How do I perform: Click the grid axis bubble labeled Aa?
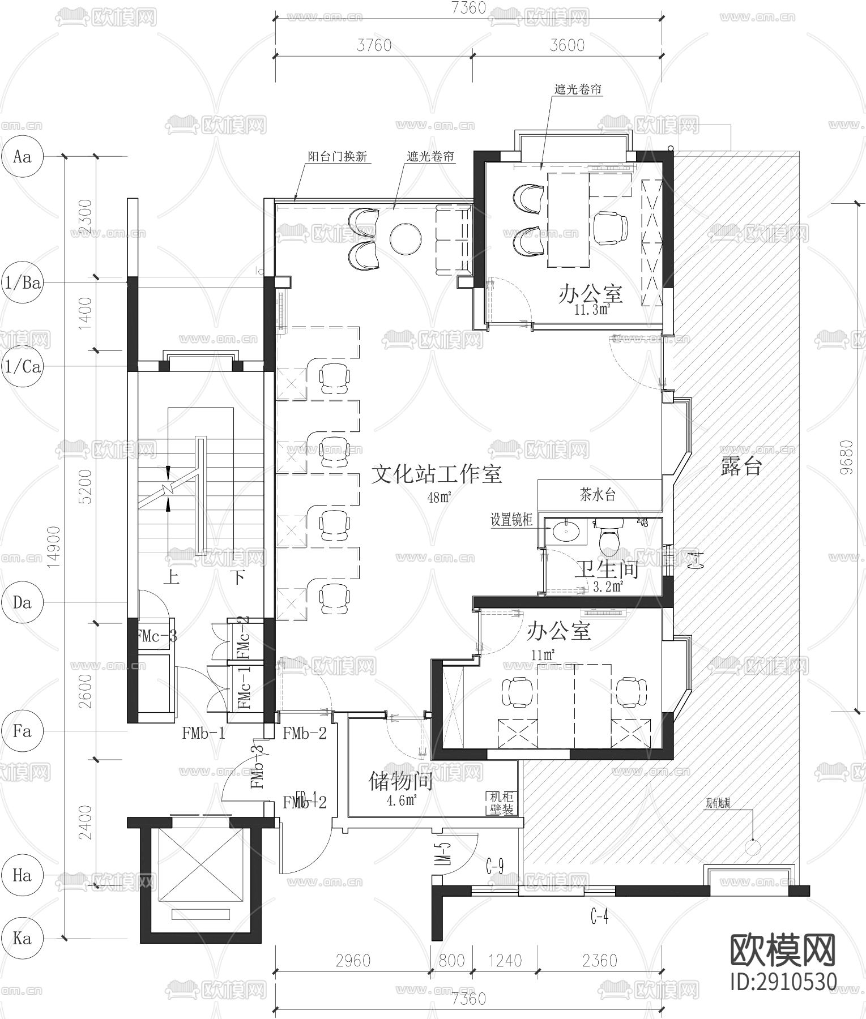pos(22,156)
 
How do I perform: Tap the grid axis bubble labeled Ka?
pos(22,938)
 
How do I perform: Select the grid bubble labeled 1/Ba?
pos(22,282)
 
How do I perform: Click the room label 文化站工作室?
pos(436,474)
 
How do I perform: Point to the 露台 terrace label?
pos(741,466)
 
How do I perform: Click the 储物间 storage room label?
pos(400,781)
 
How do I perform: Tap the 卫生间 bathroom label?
pos(606,569)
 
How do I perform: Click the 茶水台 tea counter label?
pos(598,495)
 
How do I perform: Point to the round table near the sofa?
pos(406,238)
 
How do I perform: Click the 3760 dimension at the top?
pos(374,45)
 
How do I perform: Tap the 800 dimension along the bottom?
pos(451,961)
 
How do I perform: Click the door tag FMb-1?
pos(204,734)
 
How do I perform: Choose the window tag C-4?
pos(599,915)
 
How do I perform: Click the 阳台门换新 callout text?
pos(338,156)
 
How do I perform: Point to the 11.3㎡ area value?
pos(591,310)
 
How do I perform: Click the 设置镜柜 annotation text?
pos(511,520)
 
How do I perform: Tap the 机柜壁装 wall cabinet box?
pos(501,803)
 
